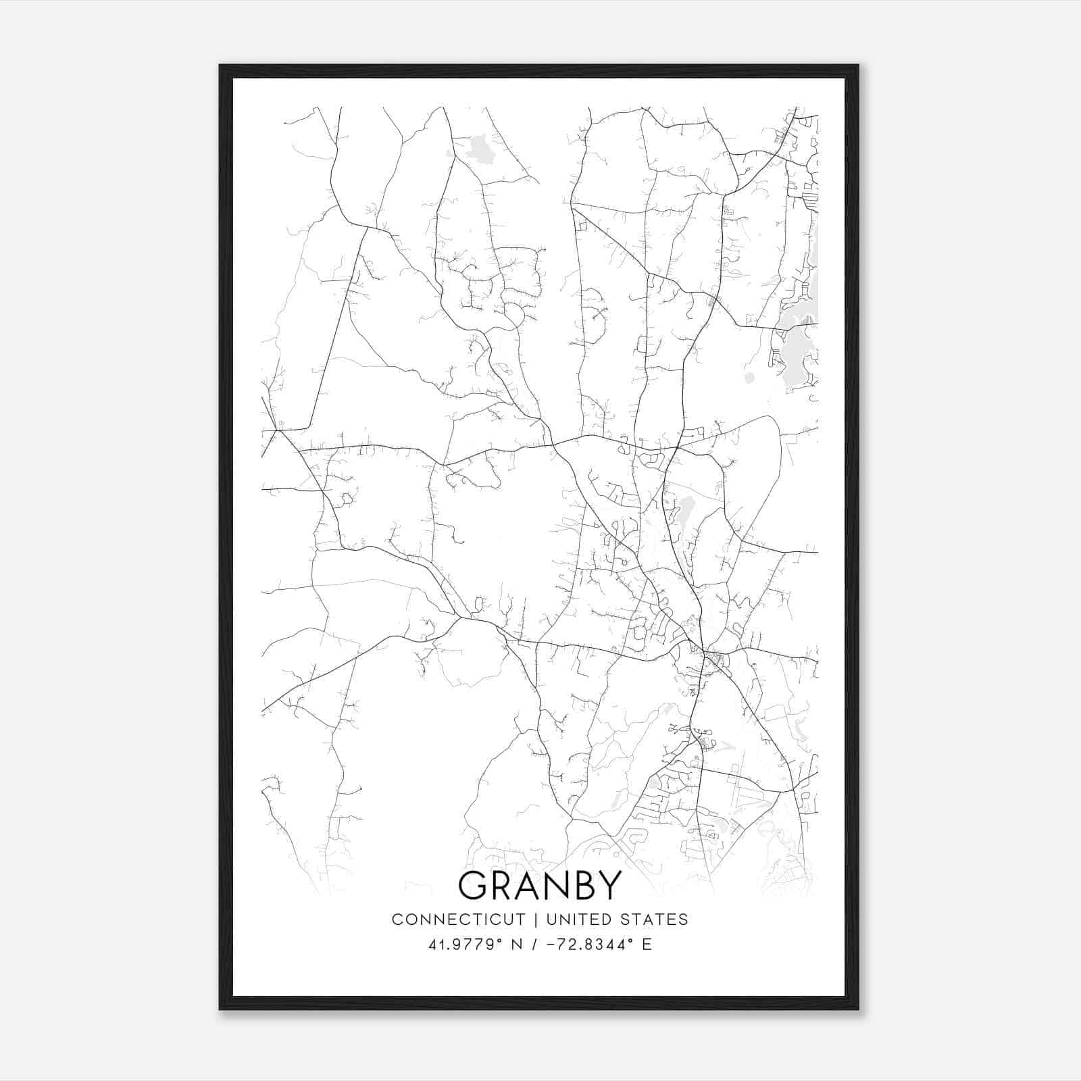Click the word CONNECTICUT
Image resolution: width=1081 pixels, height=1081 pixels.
pyautogui.click(x=458, y=920)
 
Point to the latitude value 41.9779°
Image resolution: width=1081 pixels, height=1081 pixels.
pyautogui.click(x=464, y=945)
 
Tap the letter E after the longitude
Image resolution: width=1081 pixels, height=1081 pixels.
pyautogui.click(x=647, y=945)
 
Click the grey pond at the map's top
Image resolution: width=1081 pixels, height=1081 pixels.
pyautogui.click(x=479, y=147)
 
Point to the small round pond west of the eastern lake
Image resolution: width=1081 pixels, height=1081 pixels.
pyautogui.click(x=749, y=377)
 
